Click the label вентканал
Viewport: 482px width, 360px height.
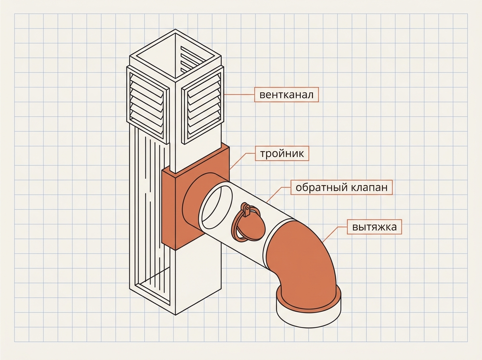click(286, 95)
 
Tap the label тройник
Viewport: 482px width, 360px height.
click(282, 153)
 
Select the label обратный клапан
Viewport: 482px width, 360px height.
click(341, 187)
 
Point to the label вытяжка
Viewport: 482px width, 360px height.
click(374, 227)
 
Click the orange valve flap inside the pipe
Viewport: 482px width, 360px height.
click(249, 225)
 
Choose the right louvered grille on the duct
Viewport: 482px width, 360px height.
click(203, 105)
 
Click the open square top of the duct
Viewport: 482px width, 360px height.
click(175, 55)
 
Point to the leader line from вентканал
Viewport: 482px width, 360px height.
click(239, 95)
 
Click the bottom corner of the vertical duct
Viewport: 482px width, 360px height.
click(176, 315)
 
